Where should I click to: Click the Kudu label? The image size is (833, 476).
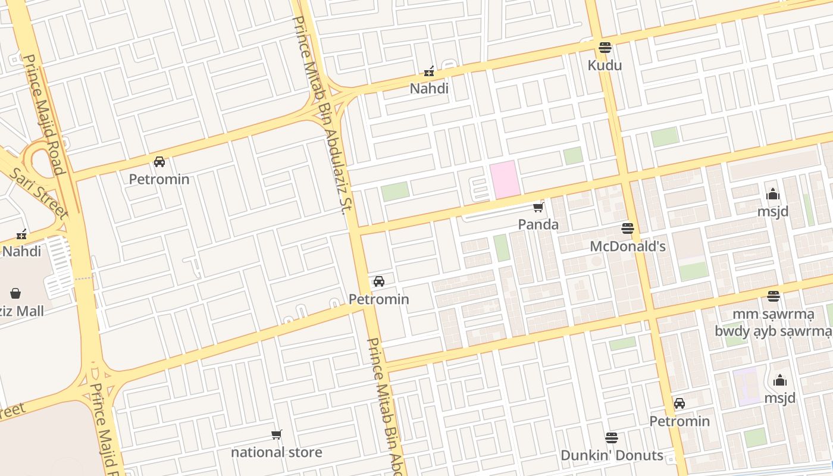(x=605, y=65)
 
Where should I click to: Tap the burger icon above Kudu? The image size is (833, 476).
(x=605, y=47)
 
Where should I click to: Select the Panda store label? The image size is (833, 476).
(x=538, y=224)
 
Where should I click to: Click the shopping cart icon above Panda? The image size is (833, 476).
(x=538, y=207)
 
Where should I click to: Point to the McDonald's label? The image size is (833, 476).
(x=627, y=246)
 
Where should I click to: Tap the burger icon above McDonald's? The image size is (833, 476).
(x=627, y=228)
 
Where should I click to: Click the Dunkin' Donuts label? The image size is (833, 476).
(x=612, y=455)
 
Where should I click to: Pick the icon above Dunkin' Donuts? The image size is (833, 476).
(x=612, y=438)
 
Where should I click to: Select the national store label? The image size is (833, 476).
(x=277, y=452)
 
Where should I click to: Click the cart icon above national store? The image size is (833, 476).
(x=277, y=434)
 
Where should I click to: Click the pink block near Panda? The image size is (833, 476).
(x=505, y=179)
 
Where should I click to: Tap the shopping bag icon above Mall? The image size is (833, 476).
(x=15, y=293)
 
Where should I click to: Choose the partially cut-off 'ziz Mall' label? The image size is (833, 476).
(x=22, y=311)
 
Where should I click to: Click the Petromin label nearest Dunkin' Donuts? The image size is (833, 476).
(x=679, y=421)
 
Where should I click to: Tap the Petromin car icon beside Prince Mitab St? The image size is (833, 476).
(x=379, y=281)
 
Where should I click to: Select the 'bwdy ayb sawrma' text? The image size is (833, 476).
(x=773, y=331)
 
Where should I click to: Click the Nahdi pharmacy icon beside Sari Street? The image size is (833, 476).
(x=22, y=234)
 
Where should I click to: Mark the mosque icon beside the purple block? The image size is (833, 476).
(x=780, y=381)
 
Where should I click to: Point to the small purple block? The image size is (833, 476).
(x=746, y=386)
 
